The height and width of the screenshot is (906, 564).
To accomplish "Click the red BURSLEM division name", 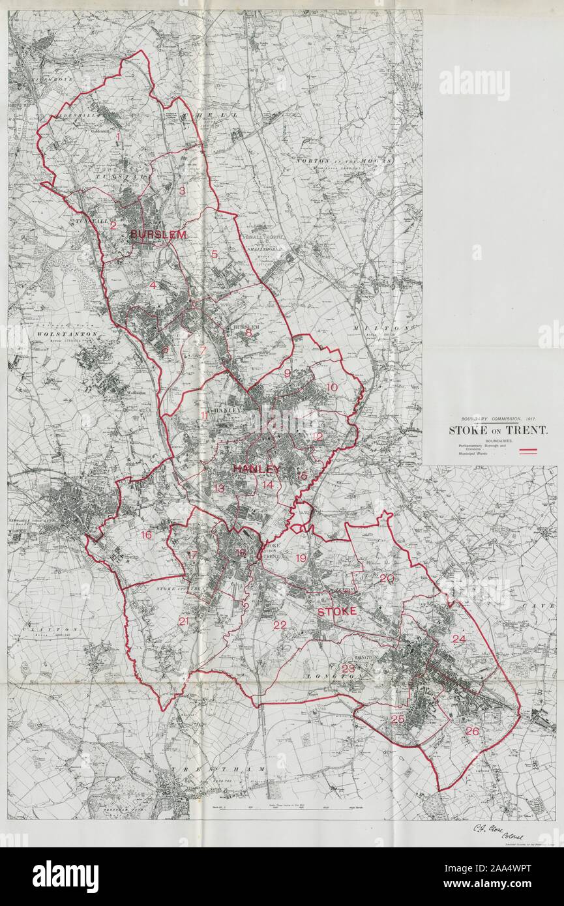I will pos(158,234).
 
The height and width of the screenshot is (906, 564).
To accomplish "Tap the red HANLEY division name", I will pos(256,469).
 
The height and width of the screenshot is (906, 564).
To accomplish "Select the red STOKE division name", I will pos(336,611).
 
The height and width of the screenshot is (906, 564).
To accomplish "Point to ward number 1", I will pos(118,136).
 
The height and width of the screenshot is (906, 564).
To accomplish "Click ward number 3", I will pos(183,191).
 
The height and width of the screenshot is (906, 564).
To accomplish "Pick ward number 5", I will pos(213,254).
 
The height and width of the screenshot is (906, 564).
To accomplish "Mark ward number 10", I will pos(332,387).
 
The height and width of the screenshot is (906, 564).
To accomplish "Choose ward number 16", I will pos(146,535).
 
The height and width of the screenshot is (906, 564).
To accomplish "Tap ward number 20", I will pos(387,578).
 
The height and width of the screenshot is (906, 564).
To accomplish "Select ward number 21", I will pos(183,621).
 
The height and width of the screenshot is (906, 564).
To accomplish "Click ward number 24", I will pos(459,639).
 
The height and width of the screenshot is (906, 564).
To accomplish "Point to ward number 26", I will pos(472,731).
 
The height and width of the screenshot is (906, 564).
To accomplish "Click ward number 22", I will pos(280,625).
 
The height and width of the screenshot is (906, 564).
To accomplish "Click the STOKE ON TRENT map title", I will pos(497,430).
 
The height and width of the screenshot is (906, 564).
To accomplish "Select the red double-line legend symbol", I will pos(527,450).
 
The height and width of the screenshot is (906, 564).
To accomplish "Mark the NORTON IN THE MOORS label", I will pos(344,160).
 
